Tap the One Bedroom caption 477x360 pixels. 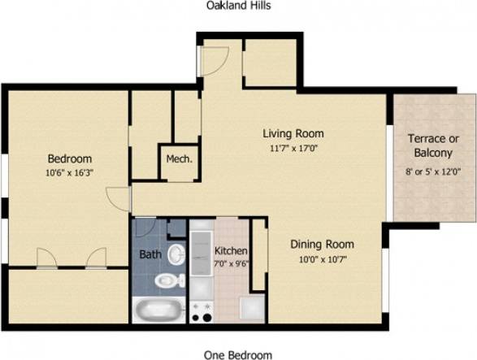coord(238,354)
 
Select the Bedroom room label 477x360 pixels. coord(69,158)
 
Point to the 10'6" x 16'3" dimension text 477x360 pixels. coord(69,172)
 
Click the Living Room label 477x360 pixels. coord(293,134)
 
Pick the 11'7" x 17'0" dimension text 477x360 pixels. coord(293,148)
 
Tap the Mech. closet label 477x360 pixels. coord(179,159)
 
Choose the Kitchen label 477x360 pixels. coord(231,251)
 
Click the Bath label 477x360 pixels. coord(150,254)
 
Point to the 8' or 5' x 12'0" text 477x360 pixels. coord(433,171)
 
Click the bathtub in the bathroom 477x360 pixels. coord(158,310)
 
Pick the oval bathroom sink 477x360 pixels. coord(177,254)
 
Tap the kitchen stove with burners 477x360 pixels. coord(202,310)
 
